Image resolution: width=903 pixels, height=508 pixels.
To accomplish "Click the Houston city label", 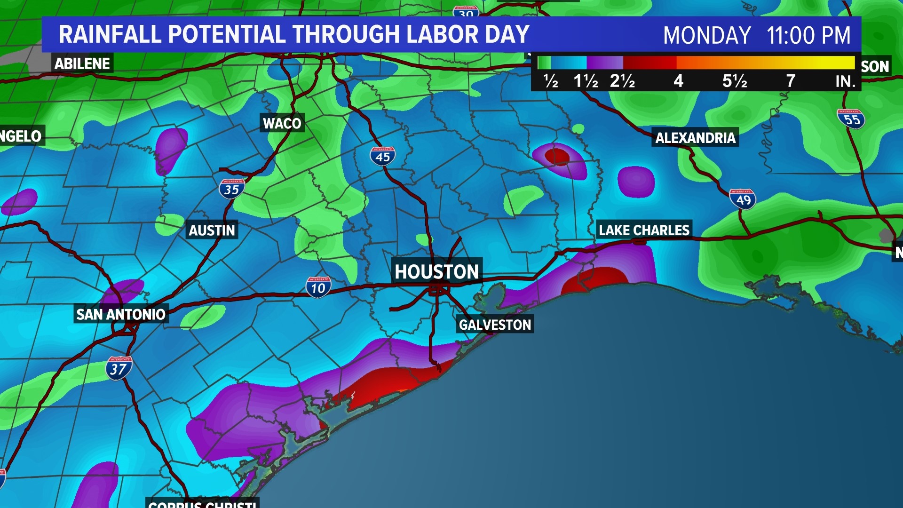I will (x=436, y=271).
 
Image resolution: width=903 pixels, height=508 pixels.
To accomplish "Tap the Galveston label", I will (x=495, y=325).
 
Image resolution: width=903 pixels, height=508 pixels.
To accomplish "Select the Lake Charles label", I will (x=644, y=230).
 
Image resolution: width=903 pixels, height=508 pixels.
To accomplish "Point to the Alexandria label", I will (x=695, y=138).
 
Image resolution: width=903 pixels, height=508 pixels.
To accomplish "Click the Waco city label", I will (x=282, y=123).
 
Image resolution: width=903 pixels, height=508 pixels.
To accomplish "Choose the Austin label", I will (x=212, y=230).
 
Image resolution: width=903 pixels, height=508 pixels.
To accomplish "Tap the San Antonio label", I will (x=121, y=314).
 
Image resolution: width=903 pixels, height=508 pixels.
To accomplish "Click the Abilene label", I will (x=82, y=63).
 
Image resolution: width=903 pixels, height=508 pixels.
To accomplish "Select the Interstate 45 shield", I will (x=382, y=156).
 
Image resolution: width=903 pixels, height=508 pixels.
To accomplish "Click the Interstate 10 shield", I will (x=318, y=287).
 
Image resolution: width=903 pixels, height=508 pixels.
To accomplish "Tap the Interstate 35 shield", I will (x=231, y=189).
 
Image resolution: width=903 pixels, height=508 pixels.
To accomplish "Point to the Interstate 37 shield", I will (x=119, y=368).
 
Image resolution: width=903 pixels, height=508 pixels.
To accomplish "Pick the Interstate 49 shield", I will (x=743, y=199).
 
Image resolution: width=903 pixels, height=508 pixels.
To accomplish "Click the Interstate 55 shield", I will (x=851, y=119).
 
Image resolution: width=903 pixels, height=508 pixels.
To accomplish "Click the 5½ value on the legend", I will (x=735, y=81).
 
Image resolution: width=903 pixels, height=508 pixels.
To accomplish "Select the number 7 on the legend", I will (x=791, y=81).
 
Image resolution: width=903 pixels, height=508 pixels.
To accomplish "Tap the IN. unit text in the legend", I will (x=845, y=82).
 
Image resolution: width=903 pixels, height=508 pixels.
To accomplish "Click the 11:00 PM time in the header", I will (x=808, y=35).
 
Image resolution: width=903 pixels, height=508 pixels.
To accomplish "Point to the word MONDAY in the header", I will (x=706, y=35).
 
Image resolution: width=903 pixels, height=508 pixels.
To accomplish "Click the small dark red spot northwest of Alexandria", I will (x=558, y=156).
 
